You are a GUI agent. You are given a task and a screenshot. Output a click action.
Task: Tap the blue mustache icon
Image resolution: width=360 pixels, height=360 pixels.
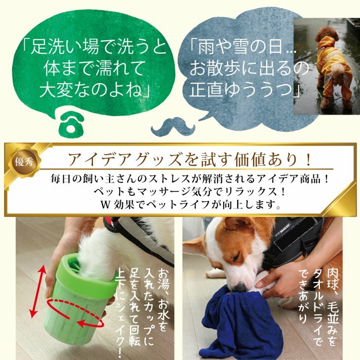click(173, 126)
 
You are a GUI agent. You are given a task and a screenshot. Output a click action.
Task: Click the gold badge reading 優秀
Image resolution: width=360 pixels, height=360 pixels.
click(24, 162)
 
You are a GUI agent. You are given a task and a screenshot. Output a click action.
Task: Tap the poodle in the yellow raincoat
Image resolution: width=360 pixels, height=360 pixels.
click(333, 69)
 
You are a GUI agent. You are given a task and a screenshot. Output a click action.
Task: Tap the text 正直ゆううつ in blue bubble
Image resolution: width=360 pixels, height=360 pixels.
click(241, 90)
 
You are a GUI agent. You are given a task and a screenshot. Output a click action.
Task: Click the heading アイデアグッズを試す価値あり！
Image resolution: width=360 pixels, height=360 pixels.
click(190, 159)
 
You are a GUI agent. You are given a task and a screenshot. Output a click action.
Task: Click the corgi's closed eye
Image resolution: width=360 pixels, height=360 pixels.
click(236, 257)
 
